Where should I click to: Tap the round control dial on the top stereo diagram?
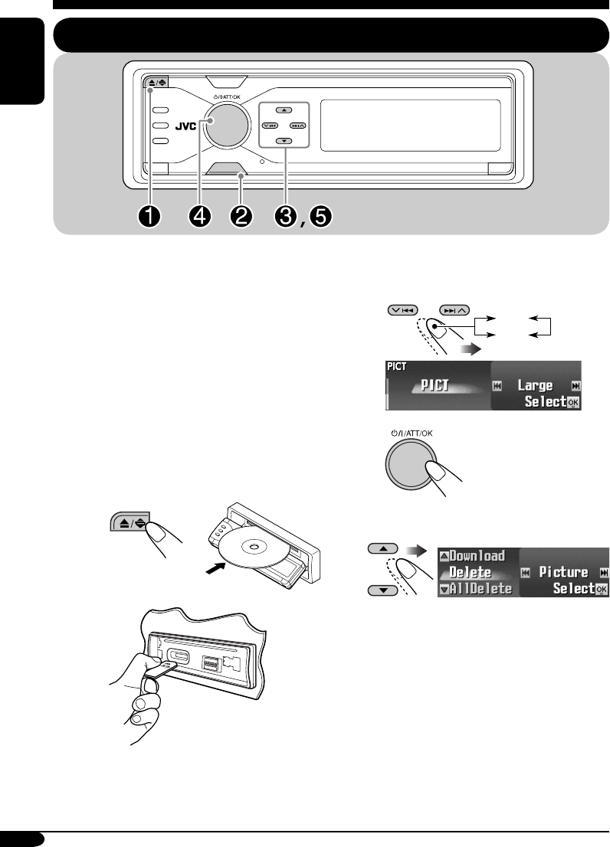point(225,126)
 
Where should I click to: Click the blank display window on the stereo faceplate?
point(410,124)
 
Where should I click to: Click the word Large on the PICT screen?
point(536,385)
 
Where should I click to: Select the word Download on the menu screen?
point(477,556)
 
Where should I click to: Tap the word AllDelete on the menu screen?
point(480,588)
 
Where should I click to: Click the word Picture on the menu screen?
point(562,572)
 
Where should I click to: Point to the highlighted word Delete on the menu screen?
point(470,572)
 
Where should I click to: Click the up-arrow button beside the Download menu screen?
point(384,549)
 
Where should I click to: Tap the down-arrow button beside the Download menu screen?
point(384,590)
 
